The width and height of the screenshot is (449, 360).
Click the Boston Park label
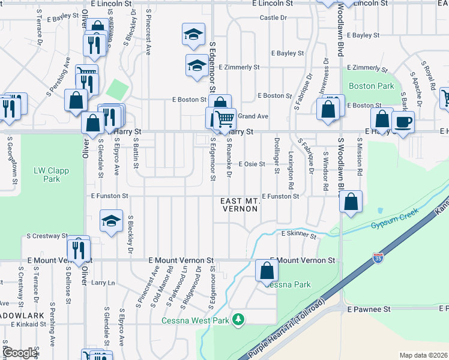(x=371, y=86)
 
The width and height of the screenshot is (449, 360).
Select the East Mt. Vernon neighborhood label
(x=239, y=205)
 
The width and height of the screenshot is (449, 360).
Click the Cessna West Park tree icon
(x=239, y=319)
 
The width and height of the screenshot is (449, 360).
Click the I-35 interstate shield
(x=378, y=258)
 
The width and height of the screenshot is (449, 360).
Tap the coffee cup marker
(x=403, y=122)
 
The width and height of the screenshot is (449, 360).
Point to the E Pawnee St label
(x=369, y=309)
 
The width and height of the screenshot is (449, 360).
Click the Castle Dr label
(x=273, y=18)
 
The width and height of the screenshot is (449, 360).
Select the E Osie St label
(x=252, y=164)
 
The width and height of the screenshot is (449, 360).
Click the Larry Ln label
(x=103, y=282)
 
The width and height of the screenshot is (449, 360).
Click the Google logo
(x=20, y=353)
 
